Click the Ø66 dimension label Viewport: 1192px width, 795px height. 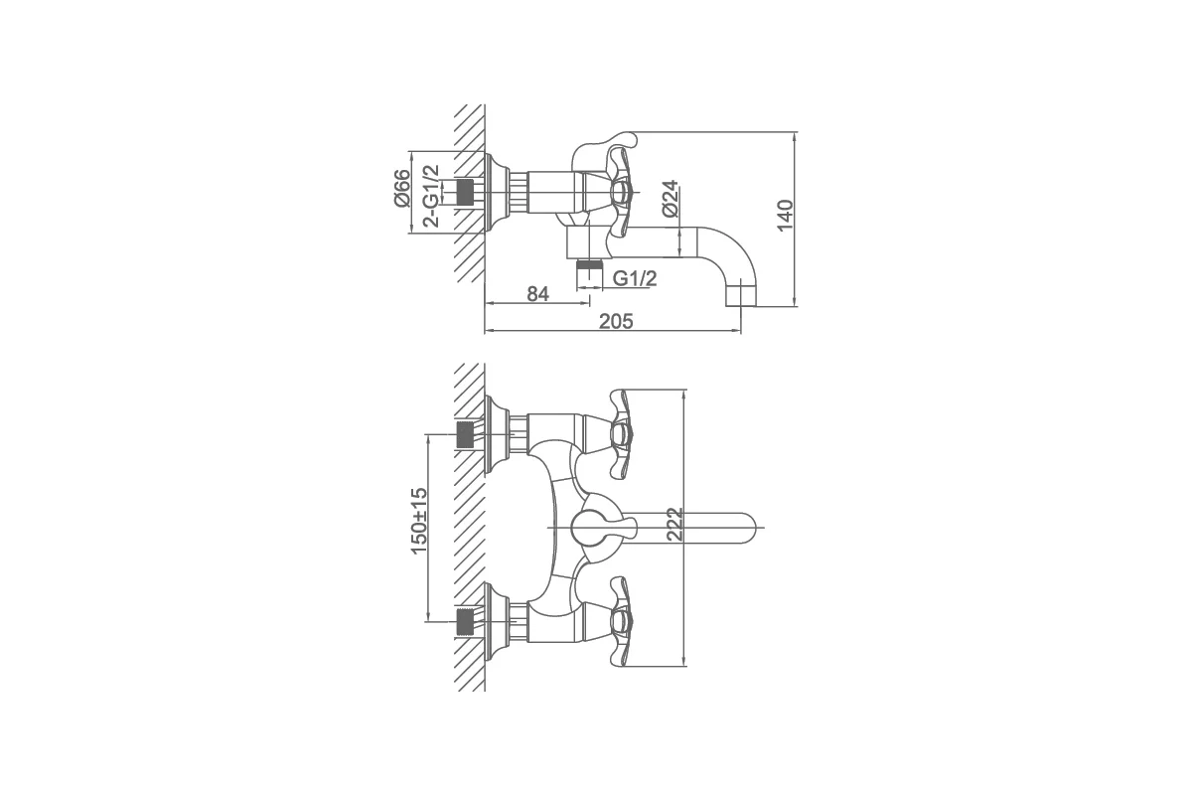(402, 188)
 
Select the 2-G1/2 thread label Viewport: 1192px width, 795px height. (431, 196)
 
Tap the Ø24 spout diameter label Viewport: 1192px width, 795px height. (670, 198)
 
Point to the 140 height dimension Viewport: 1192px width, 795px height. (785, 215)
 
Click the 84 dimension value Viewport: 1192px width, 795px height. (537, 294)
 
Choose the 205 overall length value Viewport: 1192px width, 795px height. (616, 321)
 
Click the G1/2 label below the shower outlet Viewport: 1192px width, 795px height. (635, 278)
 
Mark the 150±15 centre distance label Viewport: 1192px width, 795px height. (419, 521)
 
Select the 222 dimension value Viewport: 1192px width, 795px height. (674, 525)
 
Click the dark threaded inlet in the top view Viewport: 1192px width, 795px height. (465, 192)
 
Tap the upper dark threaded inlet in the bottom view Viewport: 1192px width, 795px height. (465, 434)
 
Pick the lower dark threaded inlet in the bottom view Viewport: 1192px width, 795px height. (465, 621)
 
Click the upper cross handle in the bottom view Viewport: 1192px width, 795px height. (622, 434)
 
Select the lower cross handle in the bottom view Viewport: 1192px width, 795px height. (622, 621)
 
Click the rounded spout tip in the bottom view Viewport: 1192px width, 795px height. (744, 528)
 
